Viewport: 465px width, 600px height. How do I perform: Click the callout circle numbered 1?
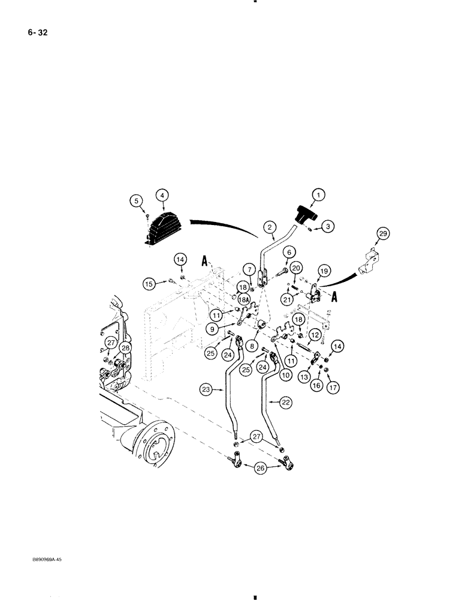coord(319,195)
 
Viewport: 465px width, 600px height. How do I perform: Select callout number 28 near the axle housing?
coord(125,349)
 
